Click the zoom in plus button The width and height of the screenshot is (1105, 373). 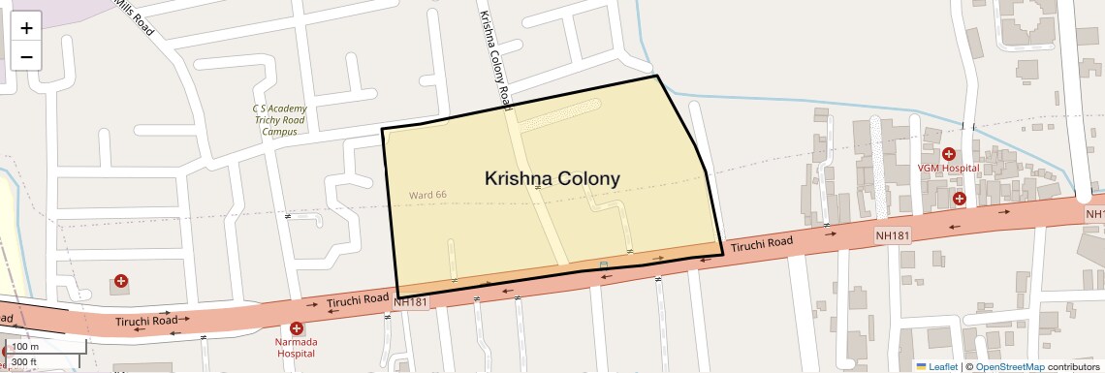[26, 27]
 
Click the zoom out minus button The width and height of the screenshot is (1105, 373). [26, 56]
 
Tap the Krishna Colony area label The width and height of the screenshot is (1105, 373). [552, 178]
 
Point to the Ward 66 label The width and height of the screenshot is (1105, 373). [427, 195]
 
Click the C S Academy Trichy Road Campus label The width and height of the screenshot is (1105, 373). [279, 119]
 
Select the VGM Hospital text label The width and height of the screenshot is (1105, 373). [948, 169]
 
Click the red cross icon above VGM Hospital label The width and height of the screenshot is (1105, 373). [949, 154]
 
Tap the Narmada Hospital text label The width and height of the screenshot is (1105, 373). [297, 347]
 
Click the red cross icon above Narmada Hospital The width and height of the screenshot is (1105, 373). [297, 329]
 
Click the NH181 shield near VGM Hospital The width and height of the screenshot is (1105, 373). [893, 235]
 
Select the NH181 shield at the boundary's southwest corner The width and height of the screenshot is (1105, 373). [411, 302]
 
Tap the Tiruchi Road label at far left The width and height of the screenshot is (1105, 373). [146, 320]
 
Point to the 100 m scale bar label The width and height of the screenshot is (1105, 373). [25, 347]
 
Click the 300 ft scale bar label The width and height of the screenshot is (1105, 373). [24, 362]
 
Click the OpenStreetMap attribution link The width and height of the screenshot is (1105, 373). [1009, 367]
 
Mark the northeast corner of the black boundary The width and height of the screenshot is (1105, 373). [658, 76]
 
